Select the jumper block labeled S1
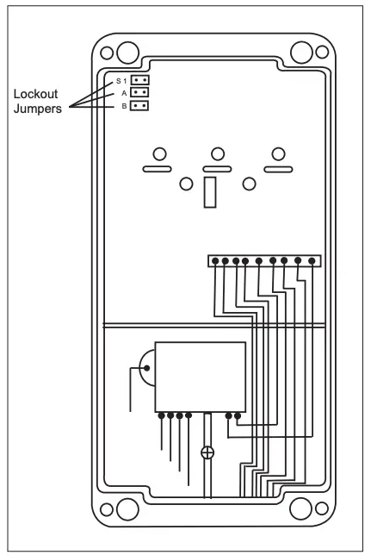coord(140,80)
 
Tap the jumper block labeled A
coord(140,93)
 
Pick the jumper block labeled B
coord(140,106)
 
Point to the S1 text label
coord(121,80)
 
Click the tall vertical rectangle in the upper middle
coord(208,193)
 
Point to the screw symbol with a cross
coord(207,452)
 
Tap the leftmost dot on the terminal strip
coord(214,259)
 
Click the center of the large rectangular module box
coord(200,376)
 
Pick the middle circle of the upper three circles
coord(218,153)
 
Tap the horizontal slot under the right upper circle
coord(278,170)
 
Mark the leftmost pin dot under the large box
coord(162,415)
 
